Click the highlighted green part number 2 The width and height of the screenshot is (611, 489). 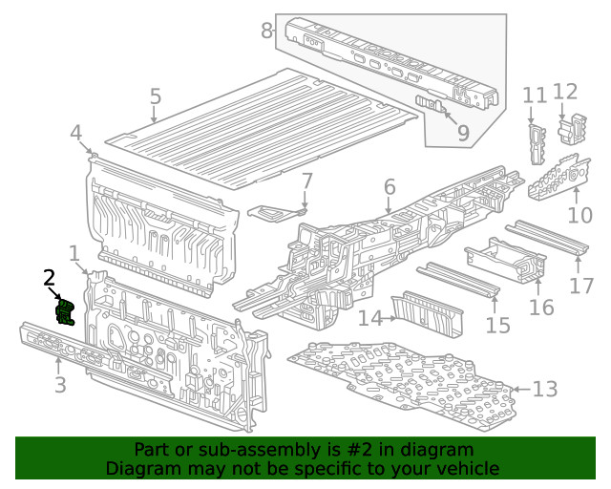click(x=66, y=312)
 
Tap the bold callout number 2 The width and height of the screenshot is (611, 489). click(x=50, y=277)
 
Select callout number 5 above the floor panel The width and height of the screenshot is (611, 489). click(x=155, y=97)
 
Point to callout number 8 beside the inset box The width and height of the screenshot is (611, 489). click(x=267, y=31)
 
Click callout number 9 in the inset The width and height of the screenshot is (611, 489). click(x=463, y=133)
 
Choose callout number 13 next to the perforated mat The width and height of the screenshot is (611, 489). click(x=544, y=389)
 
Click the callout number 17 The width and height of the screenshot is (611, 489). click(x=581, y=286)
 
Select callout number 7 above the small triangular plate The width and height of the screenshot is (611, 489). click(x=306, y=181)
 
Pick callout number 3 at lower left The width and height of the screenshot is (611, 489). click(x=59, y=386)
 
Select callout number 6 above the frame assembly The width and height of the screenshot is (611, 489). click(x=390, y=186)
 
